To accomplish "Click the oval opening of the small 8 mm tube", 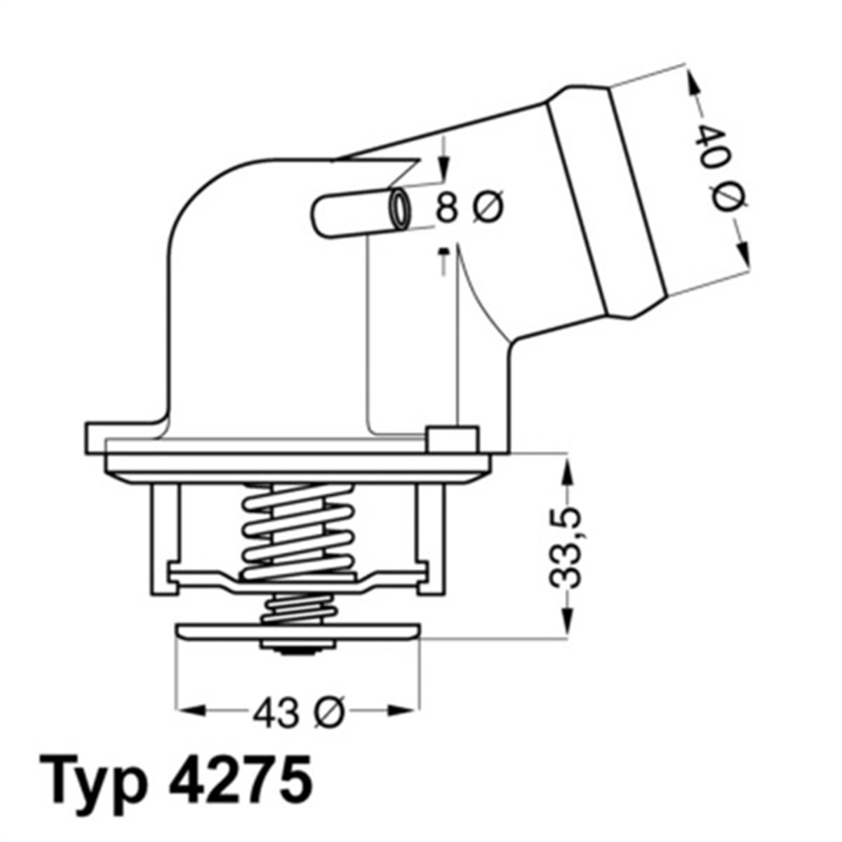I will [x=400, y=208].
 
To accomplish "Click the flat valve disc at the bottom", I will [x=298, y=633].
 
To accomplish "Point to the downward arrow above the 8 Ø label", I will [x=443, y=168].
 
